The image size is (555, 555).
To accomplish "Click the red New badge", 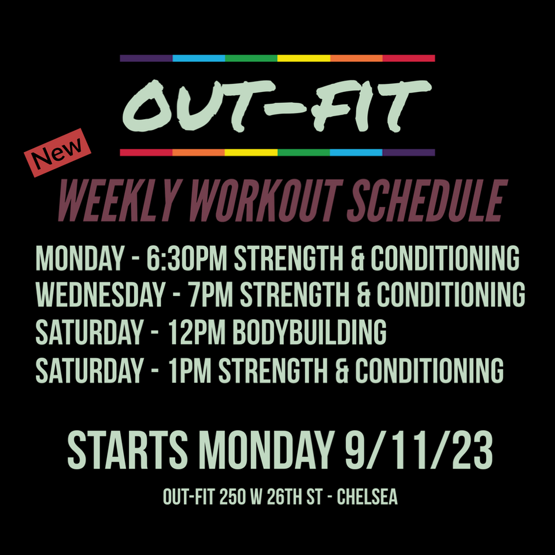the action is click(57, 152).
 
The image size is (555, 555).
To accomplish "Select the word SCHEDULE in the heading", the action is click(427, 201).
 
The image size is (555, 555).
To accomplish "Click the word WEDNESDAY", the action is click(101, 294).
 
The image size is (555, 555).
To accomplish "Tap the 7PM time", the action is click(210, 294).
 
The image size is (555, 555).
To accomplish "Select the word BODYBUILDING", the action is click(309, 332).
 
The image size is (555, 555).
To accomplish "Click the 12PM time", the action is click(197, 332).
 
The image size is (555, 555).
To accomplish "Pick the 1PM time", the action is click(190, 370).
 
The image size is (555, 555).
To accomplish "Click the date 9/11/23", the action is click(419, 450).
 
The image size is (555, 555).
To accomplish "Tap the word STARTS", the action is click(127, 450).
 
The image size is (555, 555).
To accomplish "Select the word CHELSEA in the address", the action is click(367, 497).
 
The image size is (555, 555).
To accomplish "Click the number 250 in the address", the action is click(232, 497).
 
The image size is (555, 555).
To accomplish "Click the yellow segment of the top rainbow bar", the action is click(304, 58).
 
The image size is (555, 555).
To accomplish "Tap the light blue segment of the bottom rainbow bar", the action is click(356, 153).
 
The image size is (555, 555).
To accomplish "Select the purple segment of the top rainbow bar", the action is click(146, 58).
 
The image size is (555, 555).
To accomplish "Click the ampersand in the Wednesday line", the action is click(363, 294).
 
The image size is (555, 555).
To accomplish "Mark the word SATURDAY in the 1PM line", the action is click(90, 370).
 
